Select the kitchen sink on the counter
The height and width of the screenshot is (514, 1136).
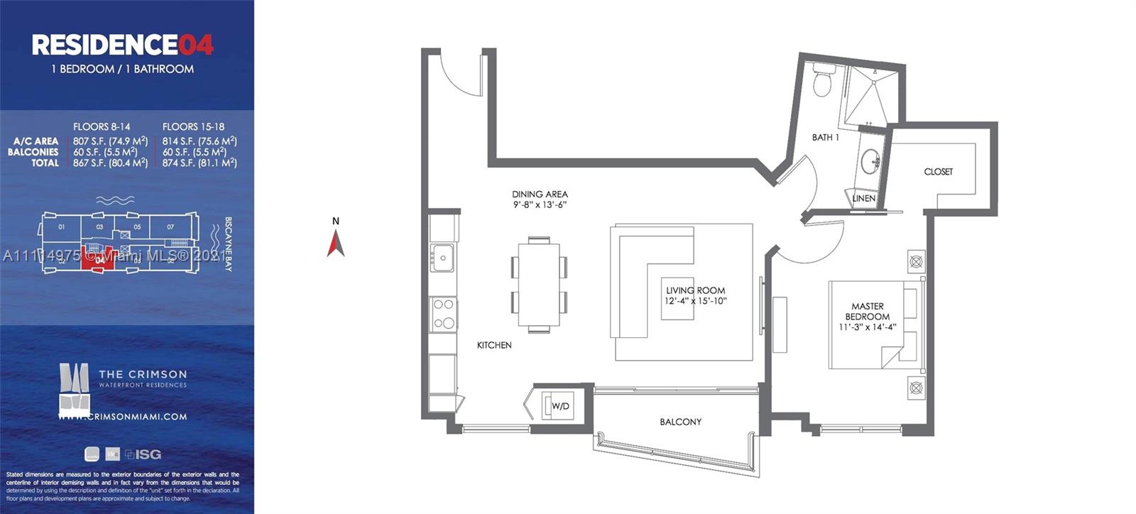pos(441,256)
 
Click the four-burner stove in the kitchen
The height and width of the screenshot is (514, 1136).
pos(444,314)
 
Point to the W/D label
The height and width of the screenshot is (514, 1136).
pos(560,406)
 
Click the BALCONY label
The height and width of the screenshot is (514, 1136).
pos(680,422)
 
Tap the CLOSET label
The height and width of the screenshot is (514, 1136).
pos(938,172)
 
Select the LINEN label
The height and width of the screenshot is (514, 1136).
pos(863,199)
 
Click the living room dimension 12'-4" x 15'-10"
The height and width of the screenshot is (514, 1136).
pos(695,301)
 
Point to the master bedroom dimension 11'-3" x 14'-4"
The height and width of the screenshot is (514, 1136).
pos(867,327)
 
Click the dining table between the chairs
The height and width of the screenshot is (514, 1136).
pos(539,285)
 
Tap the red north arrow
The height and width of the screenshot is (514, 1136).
pos(336,244)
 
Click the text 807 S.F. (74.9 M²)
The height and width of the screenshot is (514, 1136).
pos(110,141)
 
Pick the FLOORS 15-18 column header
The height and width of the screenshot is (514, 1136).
pos(193,127)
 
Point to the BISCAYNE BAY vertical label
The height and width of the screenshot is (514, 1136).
pos(229,244)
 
